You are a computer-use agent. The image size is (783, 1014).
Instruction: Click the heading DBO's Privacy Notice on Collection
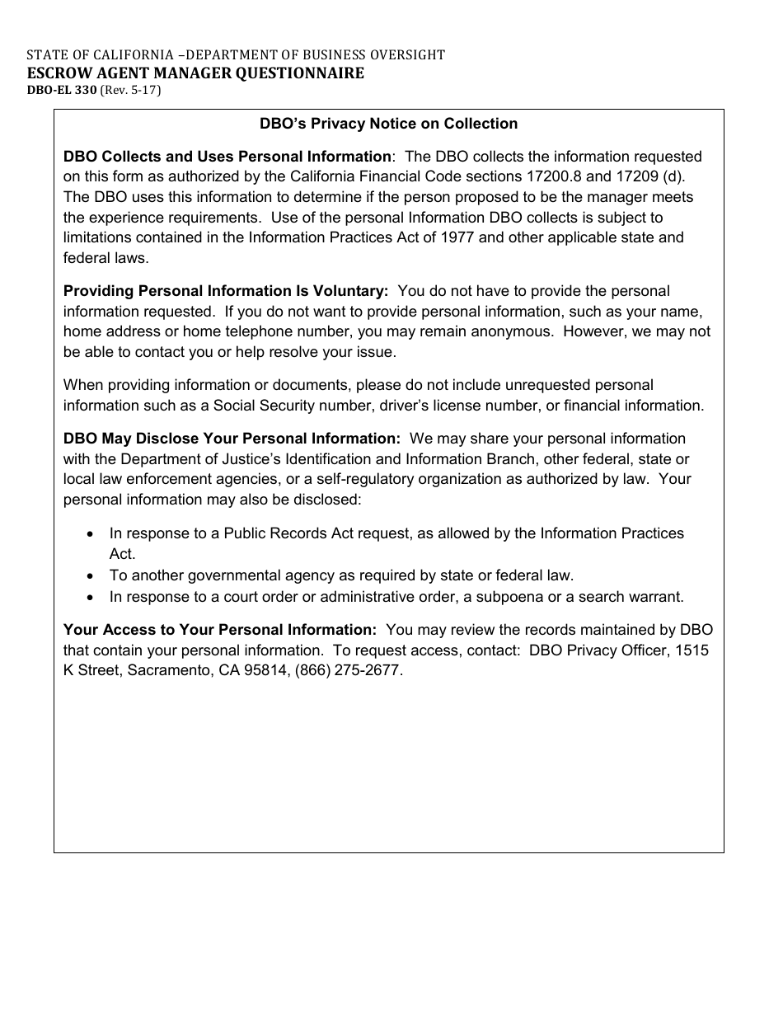tap(388, 124)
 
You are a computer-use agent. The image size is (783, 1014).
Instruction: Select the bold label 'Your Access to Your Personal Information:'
tap(220, 630)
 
